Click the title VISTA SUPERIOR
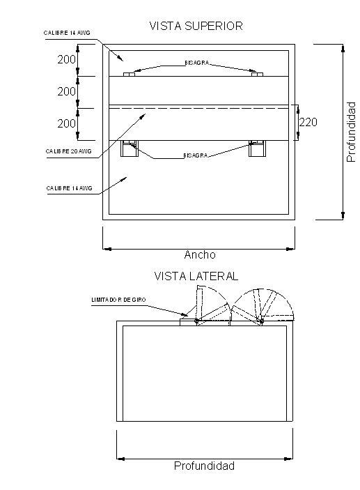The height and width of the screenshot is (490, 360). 196,26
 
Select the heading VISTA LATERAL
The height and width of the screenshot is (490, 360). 196,276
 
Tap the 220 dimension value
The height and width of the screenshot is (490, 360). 308,122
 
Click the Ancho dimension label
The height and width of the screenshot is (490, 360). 200,254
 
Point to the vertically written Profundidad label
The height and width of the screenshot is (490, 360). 351,132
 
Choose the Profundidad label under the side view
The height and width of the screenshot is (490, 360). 204,466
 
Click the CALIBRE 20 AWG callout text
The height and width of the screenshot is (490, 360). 69,151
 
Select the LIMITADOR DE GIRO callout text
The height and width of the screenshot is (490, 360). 118,300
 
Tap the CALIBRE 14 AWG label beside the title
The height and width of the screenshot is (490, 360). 67,33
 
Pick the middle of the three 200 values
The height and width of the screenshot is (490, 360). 67,91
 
